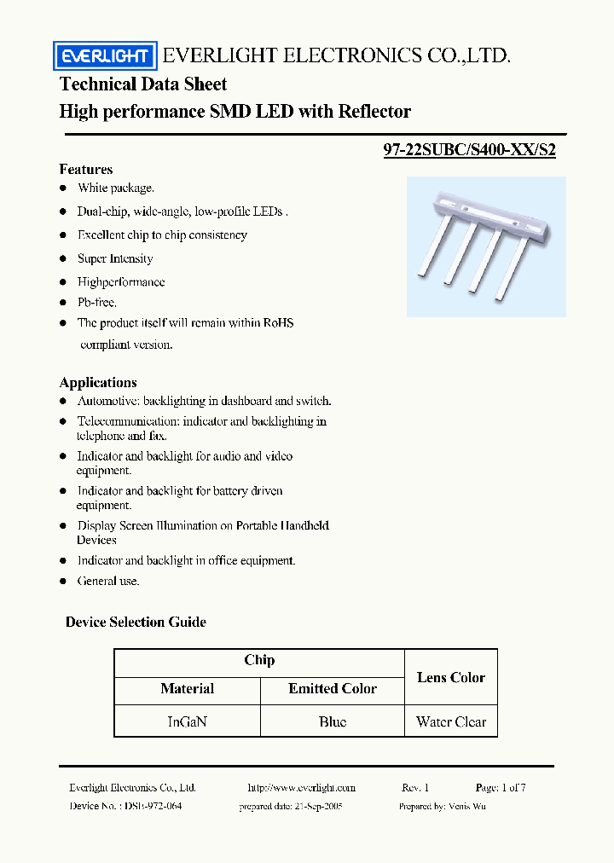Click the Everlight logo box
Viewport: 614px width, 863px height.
pos(105,57)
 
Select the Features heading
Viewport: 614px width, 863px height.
pos(86,169)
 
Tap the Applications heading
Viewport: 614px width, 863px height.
pos(98,382)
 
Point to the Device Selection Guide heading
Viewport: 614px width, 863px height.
pos(136,622)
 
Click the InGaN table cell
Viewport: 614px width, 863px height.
pos(187,721)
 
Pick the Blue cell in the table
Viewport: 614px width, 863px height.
pos(332,721)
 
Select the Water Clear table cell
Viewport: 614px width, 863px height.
pos(450,721)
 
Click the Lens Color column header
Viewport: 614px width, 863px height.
pos(450,677)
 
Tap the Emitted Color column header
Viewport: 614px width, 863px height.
pos(332,688)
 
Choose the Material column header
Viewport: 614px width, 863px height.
pos(187,688)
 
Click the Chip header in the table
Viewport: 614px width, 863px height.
pos(259,660)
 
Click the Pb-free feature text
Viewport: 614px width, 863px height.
pos(96,302)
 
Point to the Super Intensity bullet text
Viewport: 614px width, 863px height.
pos(115,258)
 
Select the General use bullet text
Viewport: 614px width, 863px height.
pos(107,581)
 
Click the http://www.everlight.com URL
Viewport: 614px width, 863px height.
pos(301,788)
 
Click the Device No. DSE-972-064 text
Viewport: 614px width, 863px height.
pos(125,806)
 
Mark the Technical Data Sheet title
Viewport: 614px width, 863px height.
pos(143,84)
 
